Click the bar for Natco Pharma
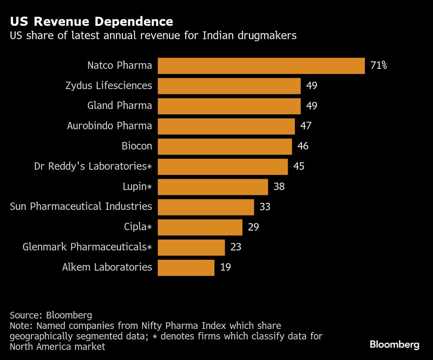tap(261, 66)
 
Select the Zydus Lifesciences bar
tap(229, 86)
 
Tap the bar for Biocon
tap(225, 146)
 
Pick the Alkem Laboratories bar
tap(186, 267)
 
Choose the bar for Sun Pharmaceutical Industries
tap(206, 207)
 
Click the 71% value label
tap(378, 66)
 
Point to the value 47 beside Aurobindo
tap(306, 126)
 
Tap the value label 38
tap(279, 186)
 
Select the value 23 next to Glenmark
tap(236, 247)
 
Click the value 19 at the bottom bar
tap(225, 267)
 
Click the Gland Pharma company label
tap(120, 106)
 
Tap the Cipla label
tap(138, 227)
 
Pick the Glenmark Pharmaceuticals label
tap(87, 247)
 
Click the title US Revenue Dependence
tap(91, 22)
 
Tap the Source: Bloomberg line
tap(51, 315)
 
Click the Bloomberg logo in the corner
tap(394, 345)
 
